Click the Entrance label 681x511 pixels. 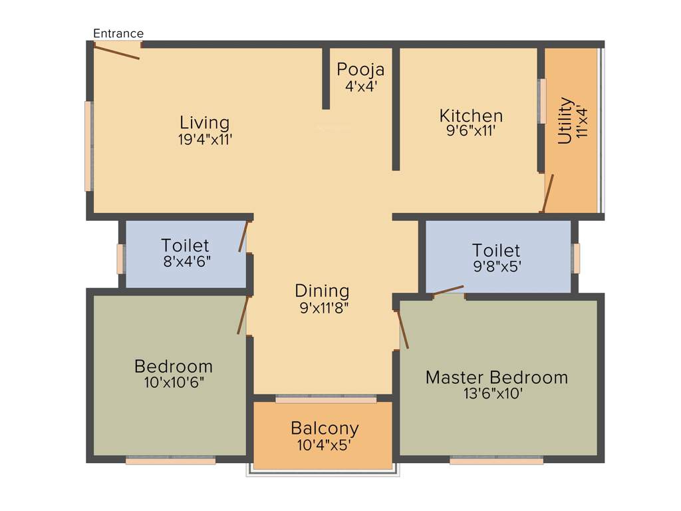(118, 33)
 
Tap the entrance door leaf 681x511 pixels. (116, 51)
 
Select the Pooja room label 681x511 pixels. (360, 69)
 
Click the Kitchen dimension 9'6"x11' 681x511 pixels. (471, 131)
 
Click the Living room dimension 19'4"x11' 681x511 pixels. (205, 139)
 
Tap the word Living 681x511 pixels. (205, 122)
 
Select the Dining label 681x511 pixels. (322, 291)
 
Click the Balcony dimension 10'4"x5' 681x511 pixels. (325, 444)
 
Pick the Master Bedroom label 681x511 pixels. (497, 377)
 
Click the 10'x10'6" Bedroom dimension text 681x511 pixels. (174, 383)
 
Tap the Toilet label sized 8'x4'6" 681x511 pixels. (185, 246)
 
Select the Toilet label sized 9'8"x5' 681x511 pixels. (496, 250)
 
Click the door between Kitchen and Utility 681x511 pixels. (547, 194)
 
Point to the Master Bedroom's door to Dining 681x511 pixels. (402, 329)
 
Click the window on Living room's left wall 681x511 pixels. (88, 146)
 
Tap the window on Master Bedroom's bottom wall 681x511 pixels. (496, 459)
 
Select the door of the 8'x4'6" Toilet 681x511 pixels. (244, 237)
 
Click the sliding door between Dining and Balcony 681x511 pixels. (326, 399)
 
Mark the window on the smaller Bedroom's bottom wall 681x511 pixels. (170, 459)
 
